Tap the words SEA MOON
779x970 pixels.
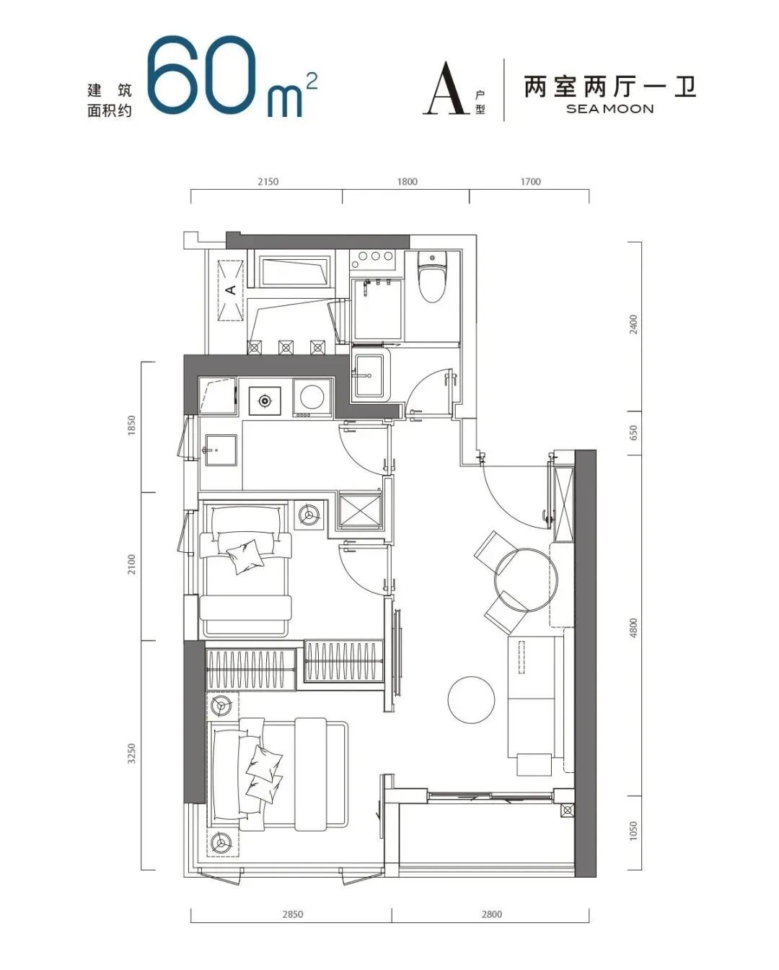tap(609, 109)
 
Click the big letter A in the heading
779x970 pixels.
tap(446, 88)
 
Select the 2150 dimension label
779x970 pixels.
tap(268, 182)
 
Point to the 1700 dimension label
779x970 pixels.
tap(530, 182)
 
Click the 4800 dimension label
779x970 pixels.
tap(634, 628)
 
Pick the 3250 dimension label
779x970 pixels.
tap(131, 753)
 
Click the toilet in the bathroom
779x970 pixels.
tap(432, 276)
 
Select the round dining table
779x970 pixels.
tap(526, 580)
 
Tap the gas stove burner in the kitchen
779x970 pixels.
tap(265, 400)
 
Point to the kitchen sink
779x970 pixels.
tap(220, 450)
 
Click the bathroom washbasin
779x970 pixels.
tap(369, 375)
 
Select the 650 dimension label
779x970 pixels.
tap(634, 433)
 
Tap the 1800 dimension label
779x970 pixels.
tap(407, 182)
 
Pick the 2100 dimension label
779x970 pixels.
tap(131, 564)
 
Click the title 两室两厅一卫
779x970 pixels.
tap(610, 87)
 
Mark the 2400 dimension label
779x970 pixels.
tap(634, 325)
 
